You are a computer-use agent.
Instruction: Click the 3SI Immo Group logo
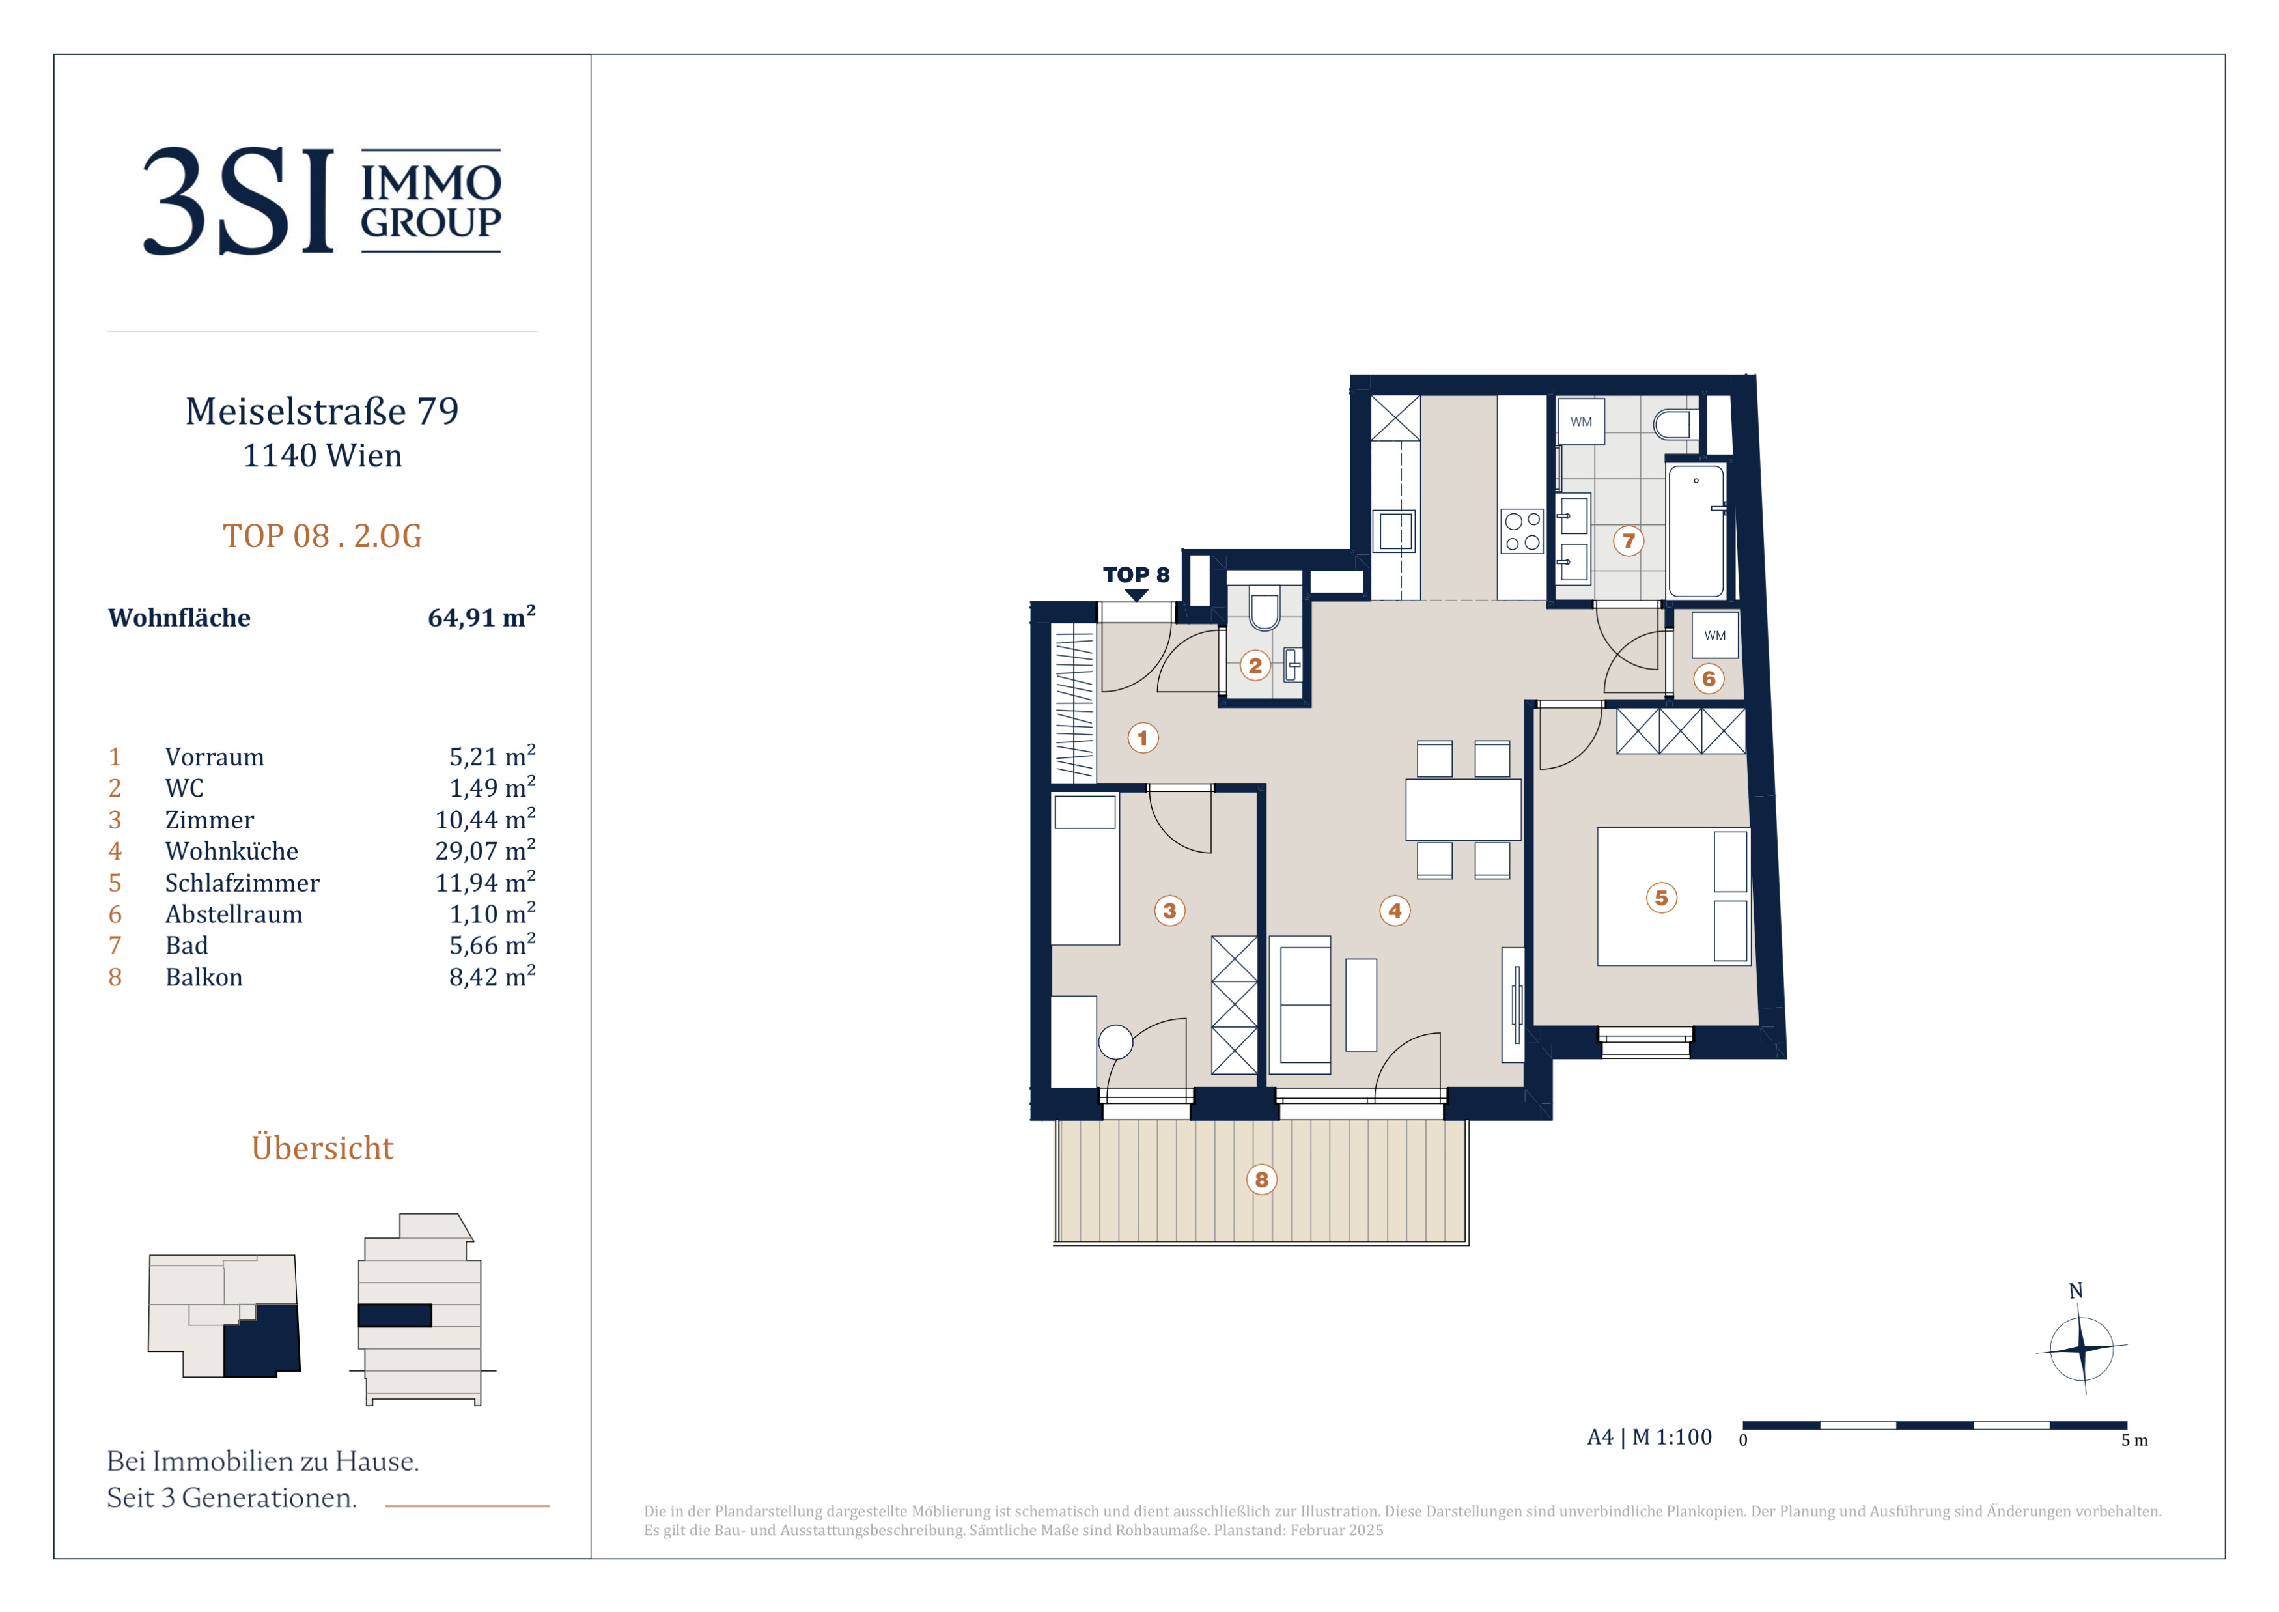[322, 201]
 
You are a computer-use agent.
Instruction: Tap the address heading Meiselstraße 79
[322, 411]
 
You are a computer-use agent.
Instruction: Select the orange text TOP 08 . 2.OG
[322, 536]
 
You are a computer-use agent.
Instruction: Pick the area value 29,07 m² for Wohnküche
[485, 850]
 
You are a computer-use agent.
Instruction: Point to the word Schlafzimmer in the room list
[242, 883]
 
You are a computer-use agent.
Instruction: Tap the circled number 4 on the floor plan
[1395, 911]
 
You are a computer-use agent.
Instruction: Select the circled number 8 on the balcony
[1262, 1180]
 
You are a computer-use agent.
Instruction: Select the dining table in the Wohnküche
[1463, 810]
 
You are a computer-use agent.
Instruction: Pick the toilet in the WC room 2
[1264, 612]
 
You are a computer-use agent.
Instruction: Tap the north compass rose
[2082, 1348]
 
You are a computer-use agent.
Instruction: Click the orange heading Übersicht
[322, 1148]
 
